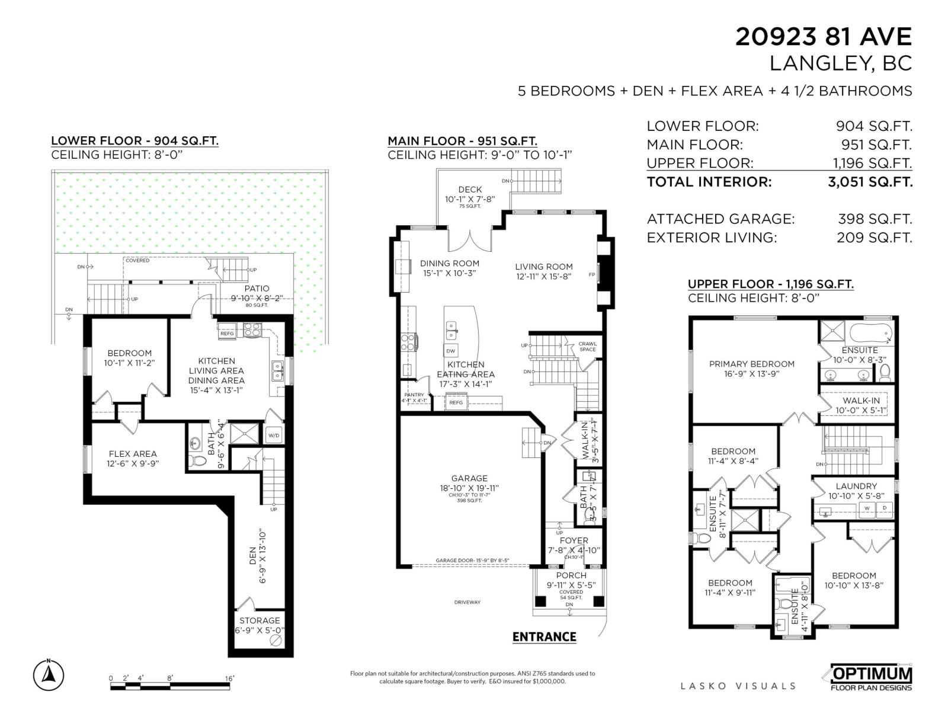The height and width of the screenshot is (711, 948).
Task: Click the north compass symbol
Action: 49,675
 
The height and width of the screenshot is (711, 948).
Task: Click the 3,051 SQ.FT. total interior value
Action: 870,182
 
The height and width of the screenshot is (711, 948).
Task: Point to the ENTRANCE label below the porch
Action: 544,637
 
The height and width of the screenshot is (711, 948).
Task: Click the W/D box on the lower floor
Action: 274,435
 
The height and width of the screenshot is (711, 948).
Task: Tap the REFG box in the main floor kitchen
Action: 456,403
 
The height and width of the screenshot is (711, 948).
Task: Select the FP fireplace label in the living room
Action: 591,275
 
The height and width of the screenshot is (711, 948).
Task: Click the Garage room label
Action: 469,478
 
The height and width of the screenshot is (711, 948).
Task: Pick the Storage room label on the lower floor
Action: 260,620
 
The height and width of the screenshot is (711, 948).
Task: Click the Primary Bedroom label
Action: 751,364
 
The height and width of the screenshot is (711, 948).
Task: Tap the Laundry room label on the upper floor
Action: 856,486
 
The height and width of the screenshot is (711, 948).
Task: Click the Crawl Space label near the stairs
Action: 587,346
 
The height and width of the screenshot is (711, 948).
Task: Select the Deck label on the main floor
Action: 470,190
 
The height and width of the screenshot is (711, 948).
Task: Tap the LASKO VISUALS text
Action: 738,686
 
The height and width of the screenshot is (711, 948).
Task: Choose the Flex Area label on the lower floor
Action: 133,454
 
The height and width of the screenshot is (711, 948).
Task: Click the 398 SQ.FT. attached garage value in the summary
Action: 875,219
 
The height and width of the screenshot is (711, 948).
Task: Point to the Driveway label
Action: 467,603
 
